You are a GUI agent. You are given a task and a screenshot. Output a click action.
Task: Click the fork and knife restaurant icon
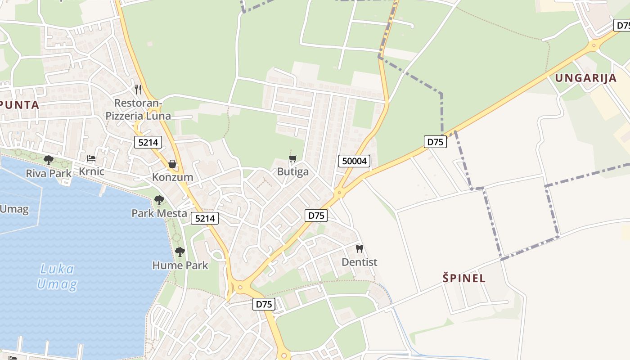[138, 90]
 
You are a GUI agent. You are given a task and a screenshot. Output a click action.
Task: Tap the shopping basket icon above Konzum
[172, 164]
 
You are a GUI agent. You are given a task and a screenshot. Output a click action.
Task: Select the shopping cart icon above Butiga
[292, 158]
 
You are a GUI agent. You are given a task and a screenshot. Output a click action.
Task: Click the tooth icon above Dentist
[359, 248]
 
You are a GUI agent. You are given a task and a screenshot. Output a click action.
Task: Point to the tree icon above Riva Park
[48, 160]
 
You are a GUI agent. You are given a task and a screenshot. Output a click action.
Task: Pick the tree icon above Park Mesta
[159, 200]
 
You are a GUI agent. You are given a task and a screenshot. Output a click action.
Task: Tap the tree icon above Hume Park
[180, 252]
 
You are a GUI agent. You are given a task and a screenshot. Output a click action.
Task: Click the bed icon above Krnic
[91, 158]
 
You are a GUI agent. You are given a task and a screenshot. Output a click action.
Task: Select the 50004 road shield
[354, 161]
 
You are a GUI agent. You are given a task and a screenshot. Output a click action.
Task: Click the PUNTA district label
[20, 105]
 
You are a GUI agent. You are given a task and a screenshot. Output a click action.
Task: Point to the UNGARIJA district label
[585, 78]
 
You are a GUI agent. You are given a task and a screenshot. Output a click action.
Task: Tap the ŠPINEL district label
[464, 278]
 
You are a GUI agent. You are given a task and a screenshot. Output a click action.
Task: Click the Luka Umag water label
[57, 277]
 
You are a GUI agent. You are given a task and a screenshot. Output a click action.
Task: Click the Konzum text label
[172, 177]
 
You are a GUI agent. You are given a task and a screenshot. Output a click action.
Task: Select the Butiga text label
[293, 171]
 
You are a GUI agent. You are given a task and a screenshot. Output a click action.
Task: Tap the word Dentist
[359, 262]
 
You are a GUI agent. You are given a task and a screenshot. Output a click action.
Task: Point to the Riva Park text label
[49, 173]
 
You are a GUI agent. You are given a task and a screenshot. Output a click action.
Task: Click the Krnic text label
[91, 171]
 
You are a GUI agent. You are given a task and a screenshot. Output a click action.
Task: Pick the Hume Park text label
[180, 265]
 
